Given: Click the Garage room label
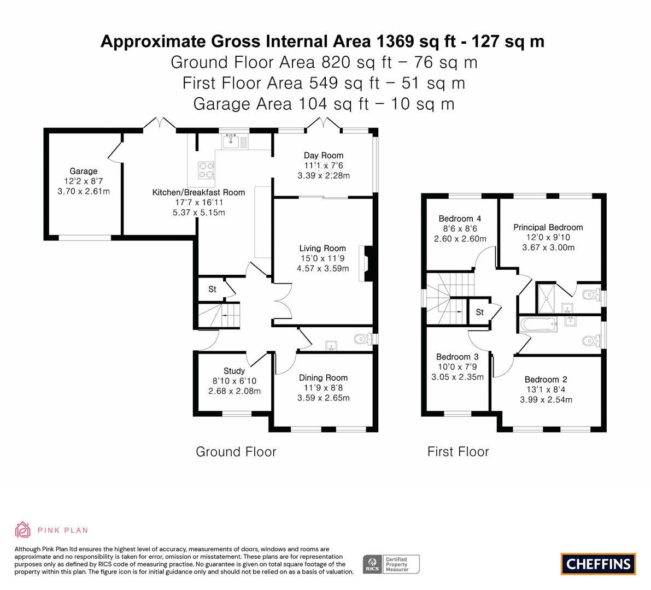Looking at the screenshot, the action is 84,171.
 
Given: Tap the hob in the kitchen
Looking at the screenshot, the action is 207,170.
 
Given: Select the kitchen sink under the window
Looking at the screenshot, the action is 231,142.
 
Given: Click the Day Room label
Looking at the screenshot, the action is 324,155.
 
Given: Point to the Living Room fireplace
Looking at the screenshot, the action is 367,264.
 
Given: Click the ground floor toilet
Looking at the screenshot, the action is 363,339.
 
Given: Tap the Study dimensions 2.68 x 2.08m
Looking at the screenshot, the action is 234,391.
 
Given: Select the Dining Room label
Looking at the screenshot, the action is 323,377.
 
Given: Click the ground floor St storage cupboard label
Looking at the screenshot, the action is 212,289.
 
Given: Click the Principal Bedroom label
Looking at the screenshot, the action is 548,227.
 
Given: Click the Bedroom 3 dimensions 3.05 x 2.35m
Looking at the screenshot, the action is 457,377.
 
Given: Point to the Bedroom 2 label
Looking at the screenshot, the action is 546,380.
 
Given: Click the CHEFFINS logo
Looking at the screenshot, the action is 598,564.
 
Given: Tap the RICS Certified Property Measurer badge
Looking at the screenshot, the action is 391,564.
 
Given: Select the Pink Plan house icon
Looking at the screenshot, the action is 22,530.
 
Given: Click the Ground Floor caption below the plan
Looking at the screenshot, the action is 236,451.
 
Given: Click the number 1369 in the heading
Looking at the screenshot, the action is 395,42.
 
